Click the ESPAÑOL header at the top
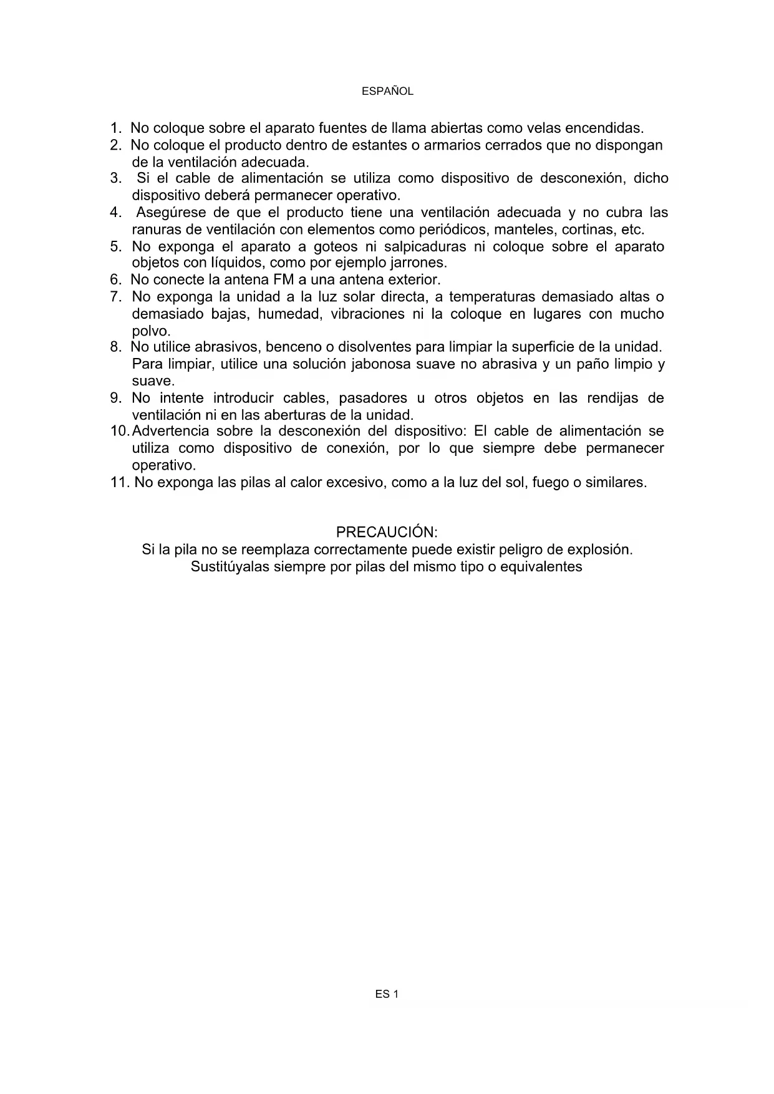(387, 91)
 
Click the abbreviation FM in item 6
(284, 279)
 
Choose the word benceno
(293, 347)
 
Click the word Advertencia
(171, 431)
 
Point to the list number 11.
(120, 482)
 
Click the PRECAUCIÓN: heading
(387, 532)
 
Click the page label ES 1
(387, 995)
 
